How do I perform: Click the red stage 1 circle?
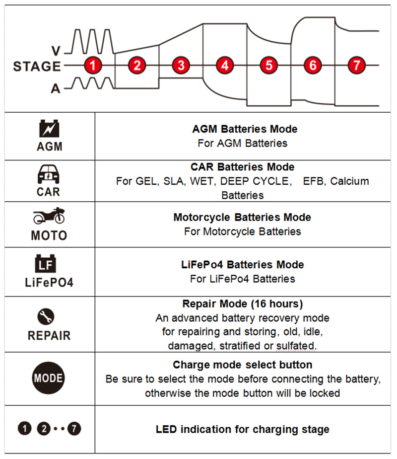tap(93, 65)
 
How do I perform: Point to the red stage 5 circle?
tap(268, 65)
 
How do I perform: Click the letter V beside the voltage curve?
tap(57, 50)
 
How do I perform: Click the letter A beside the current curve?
tap(56, 88)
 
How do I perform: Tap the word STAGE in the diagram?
tap(37, 66)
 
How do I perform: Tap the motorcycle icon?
tap(49, 217)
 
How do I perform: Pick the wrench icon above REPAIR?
tap(49, 316)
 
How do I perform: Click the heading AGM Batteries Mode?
tap(245, 129)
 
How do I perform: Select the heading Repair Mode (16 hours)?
tap(242, 304)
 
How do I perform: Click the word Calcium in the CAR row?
tap(349, 181)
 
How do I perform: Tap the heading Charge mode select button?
tap(243, 365)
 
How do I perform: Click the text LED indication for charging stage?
tap(242, 429)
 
